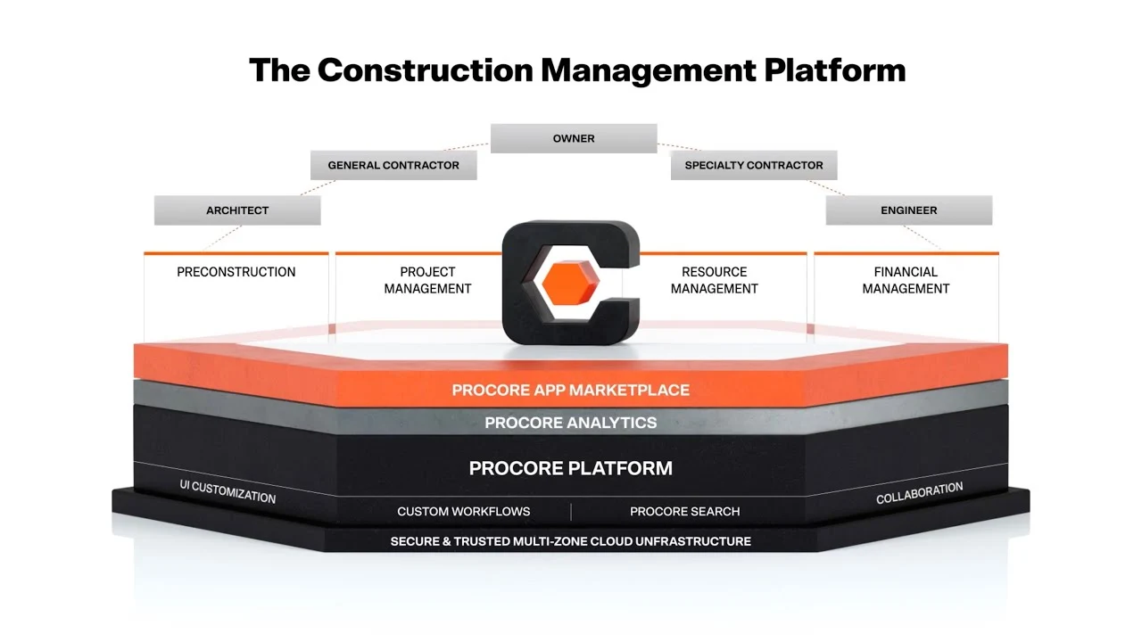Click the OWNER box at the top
pyautogui.click(x=574, y=138)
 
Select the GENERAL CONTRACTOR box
pyautogui.click(x=393, y=165)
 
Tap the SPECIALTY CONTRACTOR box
pyautogui.click(x=754, y=165)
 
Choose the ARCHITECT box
pyautogui.click(x=237, y=210)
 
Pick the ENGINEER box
pyautogui.click(x=909, y=210)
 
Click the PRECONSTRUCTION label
pyautogui.click(x=236, y=272)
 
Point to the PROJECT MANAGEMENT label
pyautogui.click(x=427, y=280)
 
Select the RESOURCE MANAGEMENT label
pyautogui.click(x=715, y=280)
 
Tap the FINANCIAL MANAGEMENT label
pyautogui.click(x=906, y=280)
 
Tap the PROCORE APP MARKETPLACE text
pyautogui.click(x=571, y=390)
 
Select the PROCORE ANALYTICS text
pyautogui.click(x=571, y=423)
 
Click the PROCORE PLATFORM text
pyautogui.click(x=571, y=468)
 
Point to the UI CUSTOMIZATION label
pyautogui.click(x=228, y=491)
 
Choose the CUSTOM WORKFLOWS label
pyautogui.click(x=464, y=512)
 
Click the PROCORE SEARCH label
pyautogui.click(x=685, y=512)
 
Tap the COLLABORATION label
pyautogui.click(x=919, y=493)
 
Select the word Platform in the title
pyautogui.click(x=834, y=70)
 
